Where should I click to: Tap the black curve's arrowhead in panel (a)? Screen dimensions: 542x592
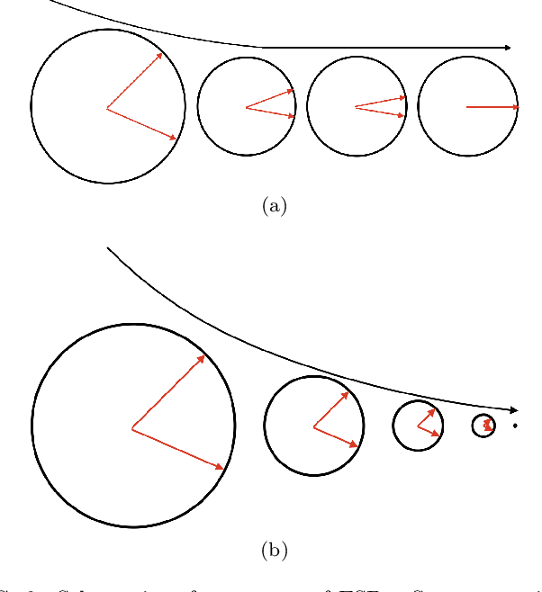click(x=509, y=47)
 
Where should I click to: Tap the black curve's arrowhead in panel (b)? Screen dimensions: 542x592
click(x=514, y=409)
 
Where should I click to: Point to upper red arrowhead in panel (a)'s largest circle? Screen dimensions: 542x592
click(x=159, y=56)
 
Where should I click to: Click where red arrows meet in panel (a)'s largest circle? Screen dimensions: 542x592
click(x=107, y=109)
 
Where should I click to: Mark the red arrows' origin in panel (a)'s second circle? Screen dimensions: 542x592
click(x=246, y=108)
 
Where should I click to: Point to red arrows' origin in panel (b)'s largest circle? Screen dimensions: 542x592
click(x=132, y=428)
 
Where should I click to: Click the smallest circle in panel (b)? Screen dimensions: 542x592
click(x=483, y=426)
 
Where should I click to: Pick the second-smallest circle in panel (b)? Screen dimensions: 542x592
click(x=418, y=426)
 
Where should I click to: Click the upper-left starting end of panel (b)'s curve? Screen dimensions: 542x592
click(x=108, y=247)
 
